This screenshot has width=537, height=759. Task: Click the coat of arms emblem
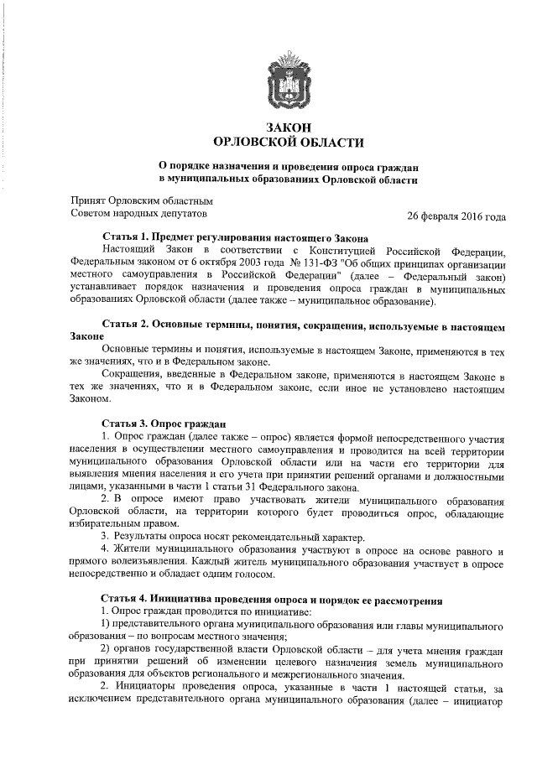(x=288, y=81)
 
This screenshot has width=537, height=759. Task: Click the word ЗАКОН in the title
(x=289, y=126)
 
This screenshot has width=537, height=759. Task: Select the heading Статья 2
(x=126, y=323)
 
